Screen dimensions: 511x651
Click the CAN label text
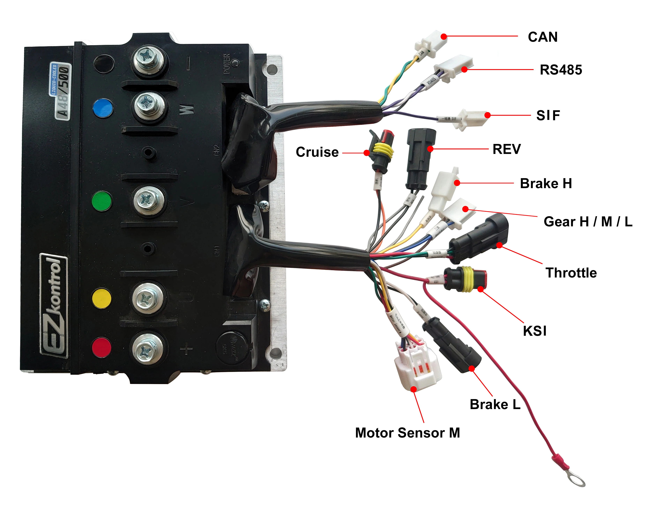[542, 37]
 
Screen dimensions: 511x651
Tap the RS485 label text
[561, 70]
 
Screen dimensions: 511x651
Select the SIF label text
[548, 116]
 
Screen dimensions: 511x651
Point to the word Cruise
[317, 152]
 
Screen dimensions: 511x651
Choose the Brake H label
[546, 183]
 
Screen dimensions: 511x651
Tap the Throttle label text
[571, 273]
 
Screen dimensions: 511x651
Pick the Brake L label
[495, 405]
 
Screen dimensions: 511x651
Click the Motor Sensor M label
[407, 433]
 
